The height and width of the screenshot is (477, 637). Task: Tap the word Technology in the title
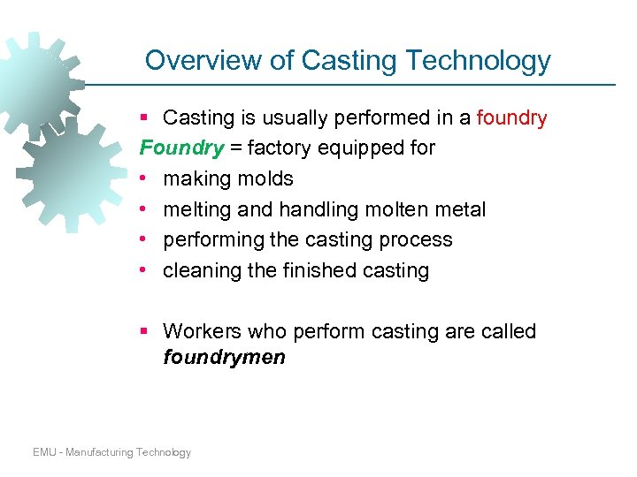478,61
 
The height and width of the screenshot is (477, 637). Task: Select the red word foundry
511,117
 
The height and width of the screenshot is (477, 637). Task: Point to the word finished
316,270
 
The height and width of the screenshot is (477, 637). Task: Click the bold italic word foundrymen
225,358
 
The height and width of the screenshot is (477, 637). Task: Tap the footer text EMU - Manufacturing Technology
111,452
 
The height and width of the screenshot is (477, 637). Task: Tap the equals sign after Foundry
235,148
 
